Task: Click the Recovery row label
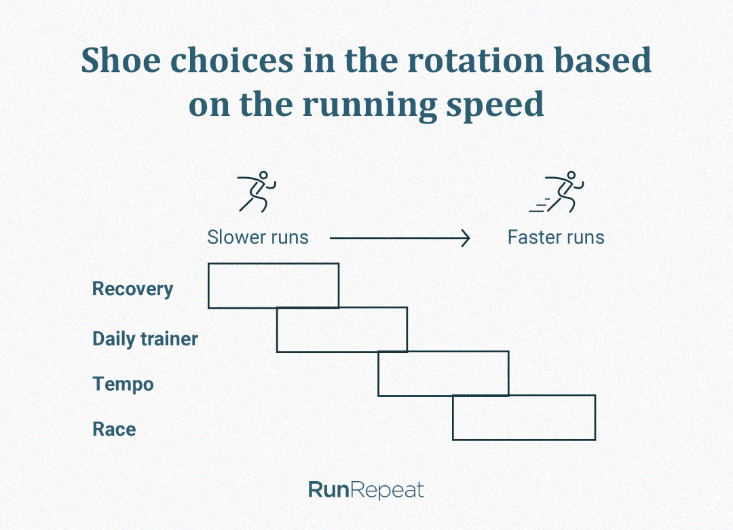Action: point(132,289)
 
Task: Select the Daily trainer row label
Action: point(145,339)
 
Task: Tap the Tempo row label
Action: point(123,384)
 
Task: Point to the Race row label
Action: point(114,429)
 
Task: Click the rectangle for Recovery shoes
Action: point(273,285)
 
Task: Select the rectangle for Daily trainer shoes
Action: point(341,330)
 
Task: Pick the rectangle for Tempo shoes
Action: point(443,373)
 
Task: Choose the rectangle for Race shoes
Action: point(523,417)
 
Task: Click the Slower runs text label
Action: point(258,238)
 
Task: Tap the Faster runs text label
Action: point(556,238)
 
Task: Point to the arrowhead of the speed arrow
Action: point(466,238)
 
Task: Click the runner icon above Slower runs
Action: point(257,191)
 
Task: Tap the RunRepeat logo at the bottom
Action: point(366,490)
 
